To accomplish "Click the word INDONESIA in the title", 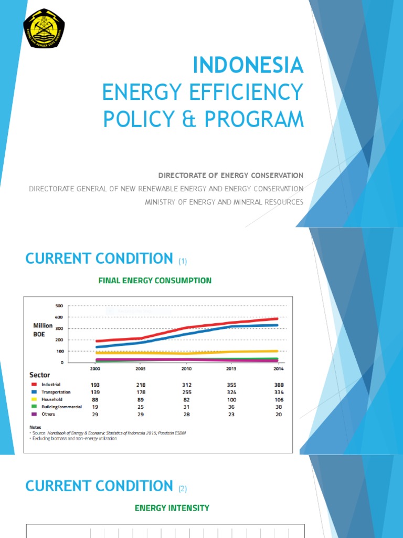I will tap(248, 66).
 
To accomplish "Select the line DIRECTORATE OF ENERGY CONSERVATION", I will tap(231, 175).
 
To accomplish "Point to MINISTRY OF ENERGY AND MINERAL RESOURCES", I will tap(224, 202).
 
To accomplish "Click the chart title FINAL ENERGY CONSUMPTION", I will tap(155, 281).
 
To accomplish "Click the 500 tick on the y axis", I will tap(59, 306).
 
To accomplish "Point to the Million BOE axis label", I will tap(43, 329).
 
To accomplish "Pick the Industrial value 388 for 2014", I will tap(278, 385).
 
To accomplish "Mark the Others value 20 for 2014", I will tap(278, 414).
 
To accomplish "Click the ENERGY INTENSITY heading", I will tap(172, 508).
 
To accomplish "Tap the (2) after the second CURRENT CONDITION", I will tap(182, 489).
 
